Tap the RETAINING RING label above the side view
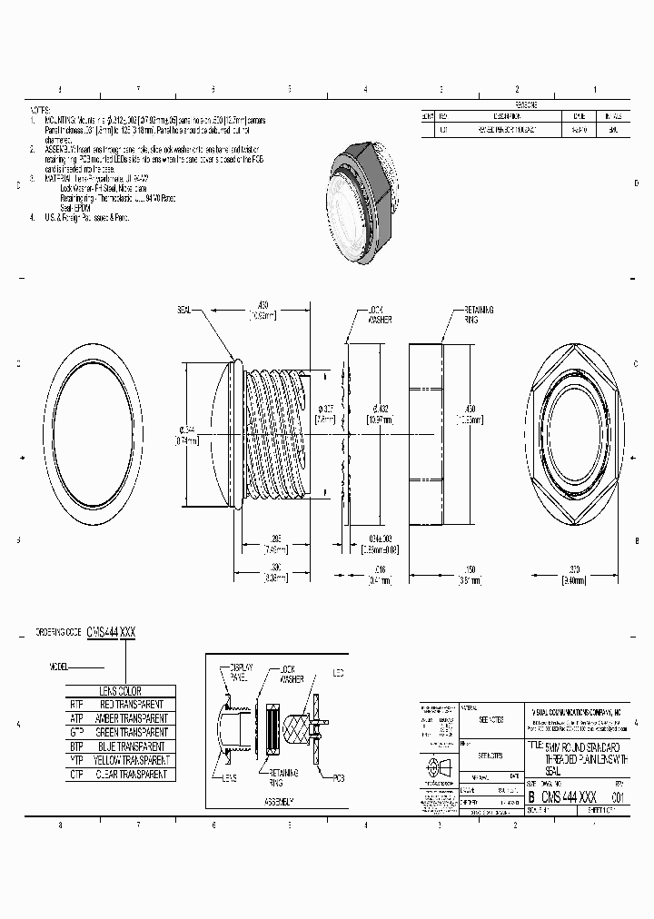click(x=478, y=314)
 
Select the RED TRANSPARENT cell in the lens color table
click(x=133, y=704)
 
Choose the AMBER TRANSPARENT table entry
click(x=133, y=717)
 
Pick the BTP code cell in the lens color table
click(x=76, y=746)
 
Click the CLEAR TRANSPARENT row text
click(x=133, y=775)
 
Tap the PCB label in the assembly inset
click(x=339, y=777)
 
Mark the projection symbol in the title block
click(x=440, y=765)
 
